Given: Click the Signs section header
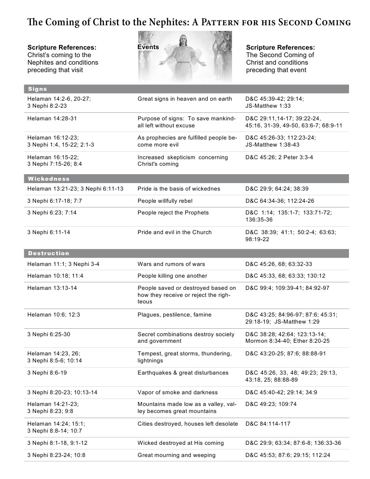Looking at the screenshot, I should (x=37, y=89).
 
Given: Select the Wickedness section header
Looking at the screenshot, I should (x=49, y=179).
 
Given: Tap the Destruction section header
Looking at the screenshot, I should (x=49, y=253).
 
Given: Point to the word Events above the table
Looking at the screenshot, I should (x=148, y=47).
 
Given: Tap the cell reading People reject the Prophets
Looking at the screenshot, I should (x=171, y=213).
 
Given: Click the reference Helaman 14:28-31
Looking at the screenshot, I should (x=52, y=118).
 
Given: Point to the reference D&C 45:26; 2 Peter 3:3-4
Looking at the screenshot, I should (x=279, y=157).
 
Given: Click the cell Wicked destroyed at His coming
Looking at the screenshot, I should (x=181, y=443).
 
